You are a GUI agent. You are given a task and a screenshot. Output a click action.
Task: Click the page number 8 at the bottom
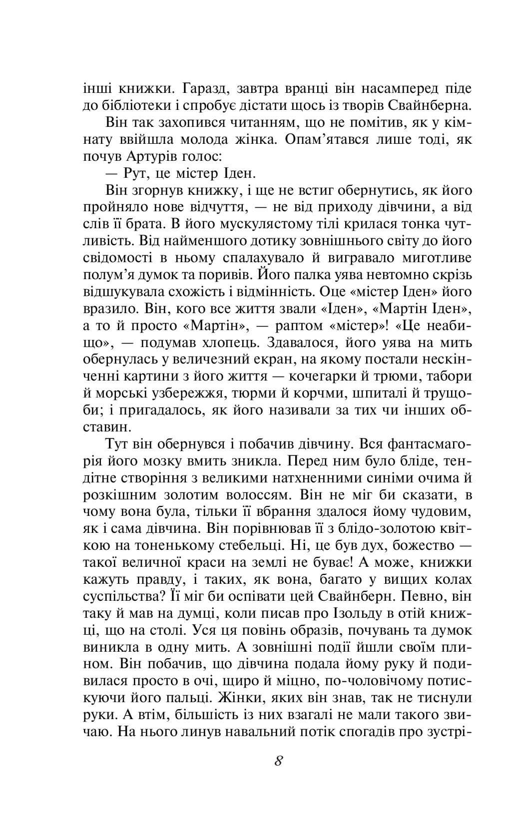[279, 761]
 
